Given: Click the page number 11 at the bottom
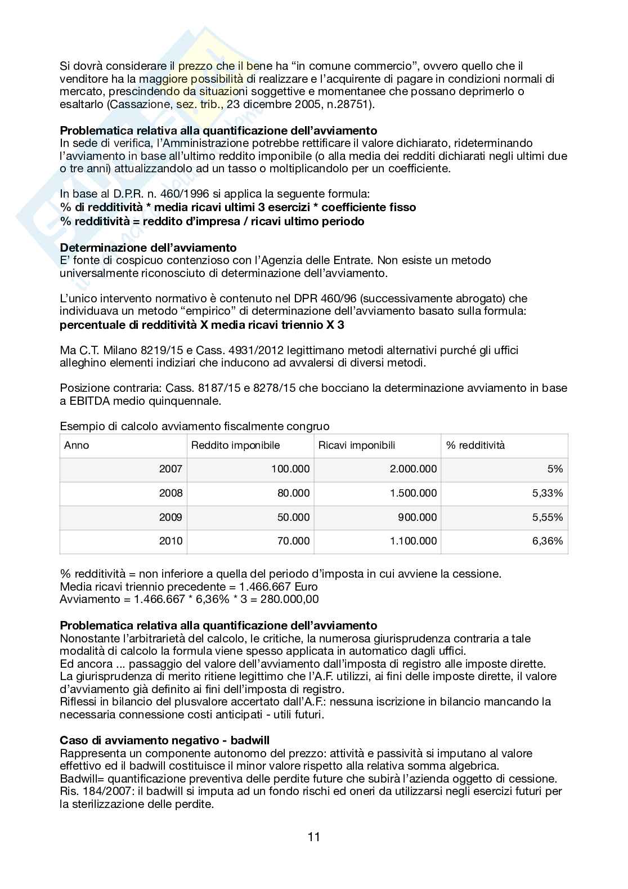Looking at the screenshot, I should click(313, 837).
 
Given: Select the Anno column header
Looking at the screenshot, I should click(77, 445).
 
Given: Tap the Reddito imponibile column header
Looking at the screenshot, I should click(235, 445).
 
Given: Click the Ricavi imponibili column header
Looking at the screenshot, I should click(357, 445).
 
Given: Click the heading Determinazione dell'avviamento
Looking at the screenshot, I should click(148, 248).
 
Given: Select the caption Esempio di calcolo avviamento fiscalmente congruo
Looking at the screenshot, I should click(194, 426).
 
